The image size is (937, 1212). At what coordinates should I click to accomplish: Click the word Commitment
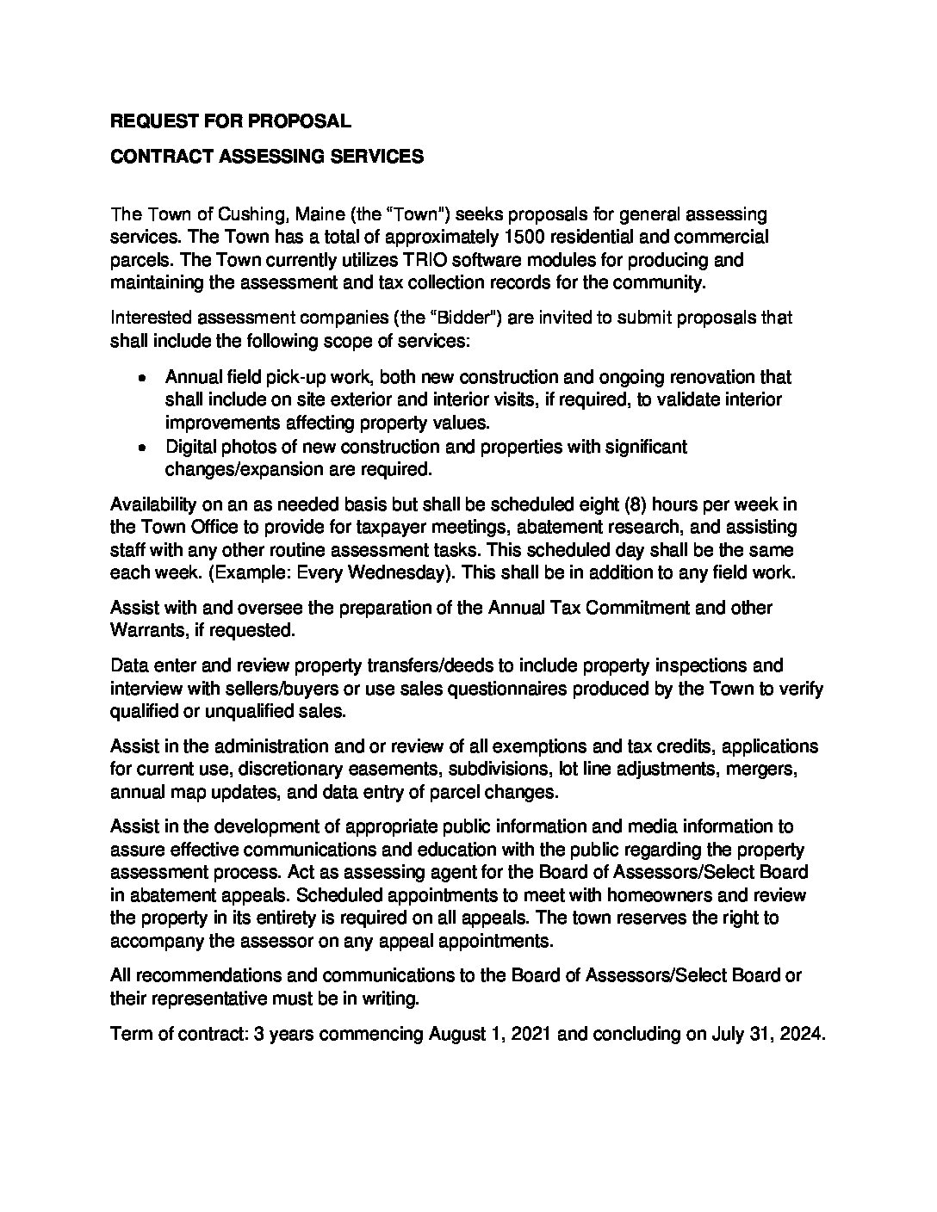(x=629, y=608)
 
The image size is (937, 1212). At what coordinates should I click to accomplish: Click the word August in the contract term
(x=461, y=1034)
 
